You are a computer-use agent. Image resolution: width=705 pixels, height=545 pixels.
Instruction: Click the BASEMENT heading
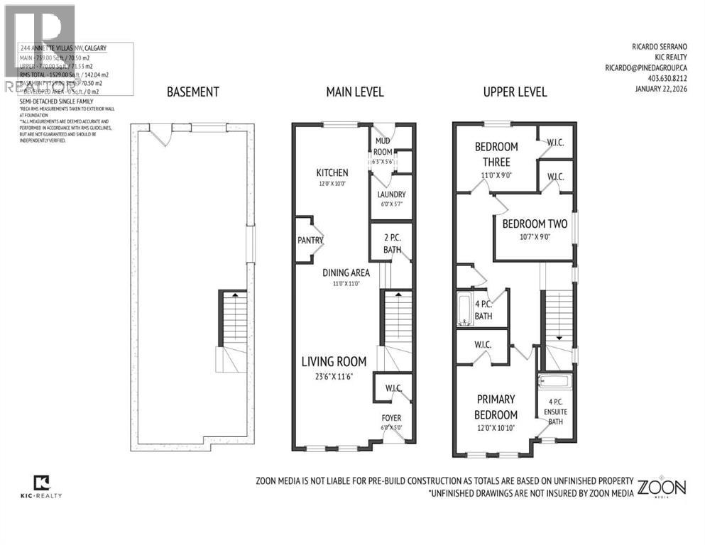[192, 92]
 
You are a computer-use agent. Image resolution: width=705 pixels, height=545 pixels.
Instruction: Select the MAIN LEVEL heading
[354, 92]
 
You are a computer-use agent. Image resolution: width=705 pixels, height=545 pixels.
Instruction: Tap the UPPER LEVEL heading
[515, 92]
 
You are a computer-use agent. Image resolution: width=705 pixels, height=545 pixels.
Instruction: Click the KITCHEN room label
[332, 172]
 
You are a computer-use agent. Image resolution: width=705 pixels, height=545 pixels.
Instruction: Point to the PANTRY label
[310, 241]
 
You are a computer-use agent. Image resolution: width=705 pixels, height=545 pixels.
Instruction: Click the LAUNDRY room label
[391, 194]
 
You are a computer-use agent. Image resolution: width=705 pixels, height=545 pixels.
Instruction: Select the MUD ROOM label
[383, 145]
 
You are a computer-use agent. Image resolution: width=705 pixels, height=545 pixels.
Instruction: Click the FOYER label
[391, 418]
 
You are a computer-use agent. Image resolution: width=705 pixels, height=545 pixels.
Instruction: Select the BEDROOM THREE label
[496, 153]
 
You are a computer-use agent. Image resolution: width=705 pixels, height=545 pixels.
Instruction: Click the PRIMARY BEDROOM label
[496, 407]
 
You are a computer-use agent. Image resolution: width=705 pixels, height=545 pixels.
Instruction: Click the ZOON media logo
[662, 488]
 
